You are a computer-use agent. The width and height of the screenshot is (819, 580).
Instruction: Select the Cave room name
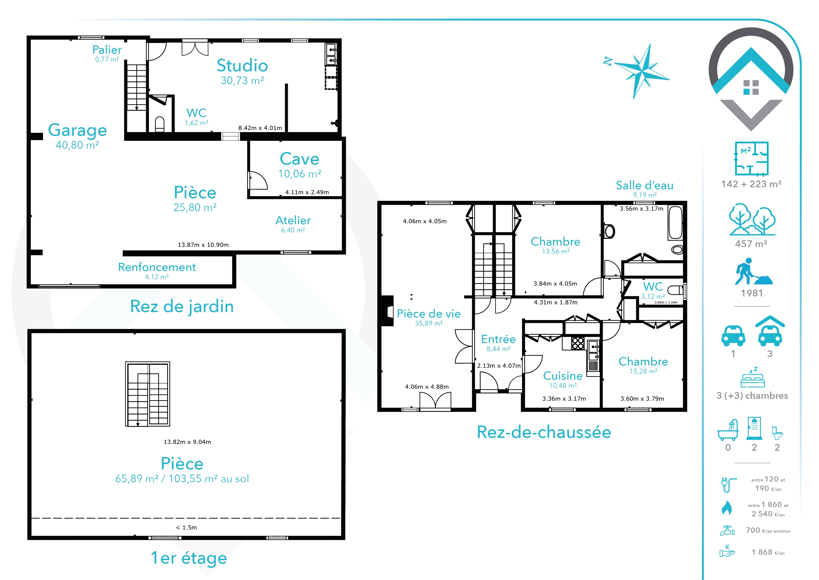pos(299,159)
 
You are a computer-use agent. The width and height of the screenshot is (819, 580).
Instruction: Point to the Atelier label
pos(293,220)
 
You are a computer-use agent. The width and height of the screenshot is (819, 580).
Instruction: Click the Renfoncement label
pos(157,267)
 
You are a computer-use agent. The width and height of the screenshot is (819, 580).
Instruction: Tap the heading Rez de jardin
pos(182,306)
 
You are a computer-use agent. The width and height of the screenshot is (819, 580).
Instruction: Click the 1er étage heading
pos(189,558)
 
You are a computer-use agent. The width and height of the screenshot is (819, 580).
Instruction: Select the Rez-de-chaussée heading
pos(544,432)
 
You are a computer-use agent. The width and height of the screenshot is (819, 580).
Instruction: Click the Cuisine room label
pos(563,376)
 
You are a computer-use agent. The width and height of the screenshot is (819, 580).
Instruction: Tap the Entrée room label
pos(498,339)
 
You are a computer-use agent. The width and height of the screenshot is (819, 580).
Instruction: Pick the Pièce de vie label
pos(429,313)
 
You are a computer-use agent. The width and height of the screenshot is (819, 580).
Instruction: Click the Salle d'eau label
pos(645,185)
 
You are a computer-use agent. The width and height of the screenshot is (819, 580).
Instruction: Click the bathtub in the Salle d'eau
pos(675,223)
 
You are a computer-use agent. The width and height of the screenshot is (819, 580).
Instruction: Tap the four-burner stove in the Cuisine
pos(578,343)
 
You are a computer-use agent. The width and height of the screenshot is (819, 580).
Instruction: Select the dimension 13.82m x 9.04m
pos(187,442)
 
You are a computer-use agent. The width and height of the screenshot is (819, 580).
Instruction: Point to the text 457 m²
pos(751,244)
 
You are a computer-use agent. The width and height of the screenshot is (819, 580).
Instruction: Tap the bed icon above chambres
pos(753,378)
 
